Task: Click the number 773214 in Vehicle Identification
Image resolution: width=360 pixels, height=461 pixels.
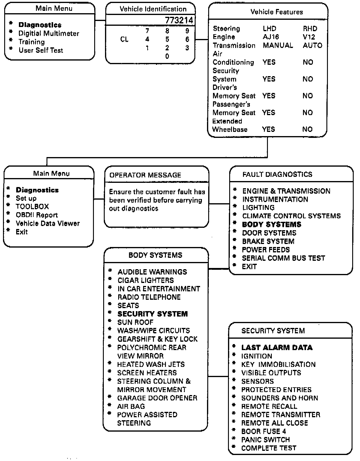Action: pyautogui.click(x=179, y=20)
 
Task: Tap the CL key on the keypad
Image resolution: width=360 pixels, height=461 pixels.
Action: pyautogui.click(x=124, y=40)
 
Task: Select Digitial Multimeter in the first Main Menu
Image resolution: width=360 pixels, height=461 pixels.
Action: pyautogui.click(x=49, y=34)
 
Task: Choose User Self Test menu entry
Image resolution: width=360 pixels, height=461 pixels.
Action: pyautogui.click(x=41, y=50)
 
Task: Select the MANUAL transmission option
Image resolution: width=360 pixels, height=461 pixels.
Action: pyautogui.click(x=278, y=45)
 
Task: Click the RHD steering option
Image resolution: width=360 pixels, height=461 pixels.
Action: pyautogui.click(x=310, y=29)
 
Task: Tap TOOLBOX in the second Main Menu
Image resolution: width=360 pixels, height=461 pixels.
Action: pyautogui.click(x=32, y=207)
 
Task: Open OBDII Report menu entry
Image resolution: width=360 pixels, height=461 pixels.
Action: pyautogui.click(x=37, y=215)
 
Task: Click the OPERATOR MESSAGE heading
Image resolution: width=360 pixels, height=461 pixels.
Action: pyautogui.click(x=145, y=175)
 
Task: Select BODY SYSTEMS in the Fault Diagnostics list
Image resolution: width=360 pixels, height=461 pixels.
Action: pyautogui.click(x=271, y=225)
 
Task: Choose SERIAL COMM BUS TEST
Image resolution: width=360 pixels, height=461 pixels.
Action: pyautogui.click(x=283, y=258)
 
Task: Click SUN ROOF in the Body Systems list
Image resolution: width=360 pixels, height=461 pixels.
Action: pyautogui.click(x=135, y=322)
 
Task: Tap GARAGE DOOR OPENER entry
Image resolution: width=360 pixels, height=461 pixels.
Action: pyautogui.click(x=157, y=398)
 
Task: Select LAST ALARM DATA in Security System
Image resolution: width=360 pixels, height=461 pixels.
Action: pyautogui.click(x=277, y=348)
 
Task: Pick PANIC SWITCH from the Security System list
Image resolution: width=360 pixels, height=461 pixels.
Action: pyautogui.click(x=265, y=440)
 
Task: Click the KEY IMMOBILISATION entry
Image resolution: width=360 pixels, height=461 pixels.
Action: pyautogui.click(x=278, y=364)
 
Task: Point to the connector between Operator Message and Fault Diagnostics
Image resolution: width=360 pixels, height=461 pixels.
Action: pyautogui.click(x=219, y=204)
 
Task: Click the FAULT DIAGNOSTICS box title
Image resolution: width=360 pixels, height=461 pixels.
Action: pyautogui.click(x=277, y=174)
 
